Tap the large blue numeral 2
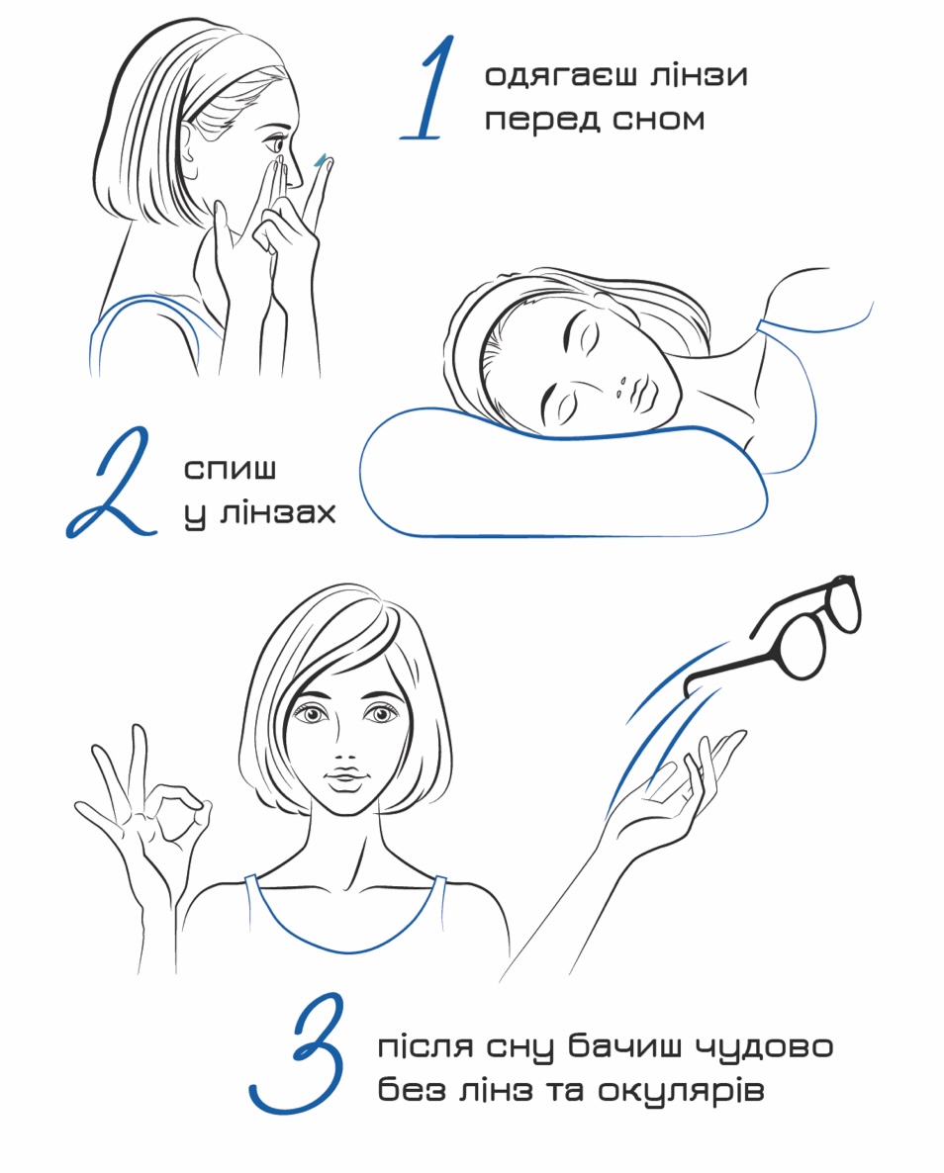point(111,483)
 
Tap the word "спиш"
point(231,469)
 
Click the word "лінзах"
point(278,513)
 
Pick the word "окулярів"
point(681,1091)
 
